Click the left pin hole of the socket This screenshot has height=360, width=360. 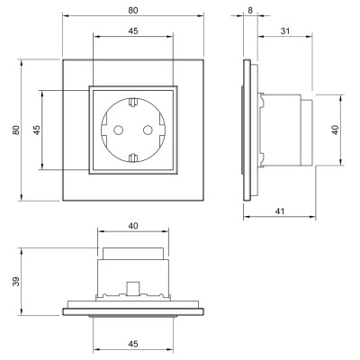(x=119, y=130)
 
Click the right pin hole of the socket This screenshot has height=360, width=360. (x=148, y=130)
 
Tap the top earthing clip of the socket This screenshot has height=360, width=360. (x=133, y=102)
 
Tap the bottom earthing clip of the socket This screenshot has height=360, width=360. (x=133, y=157)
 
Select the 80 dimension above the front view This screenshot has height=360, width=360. (x=133, y=11)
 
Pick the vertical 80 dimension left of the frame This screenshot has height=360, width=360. (x=16, y=130)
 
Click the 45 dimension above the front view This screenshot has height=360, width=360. (x=133, y=31)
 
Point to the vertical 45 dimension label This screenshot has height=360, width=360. (x=37, y=130)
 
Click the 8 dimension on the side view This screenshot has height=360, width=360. (x=250, y=11)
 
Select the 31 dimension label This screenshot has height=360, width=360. (x=285, y=31)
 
